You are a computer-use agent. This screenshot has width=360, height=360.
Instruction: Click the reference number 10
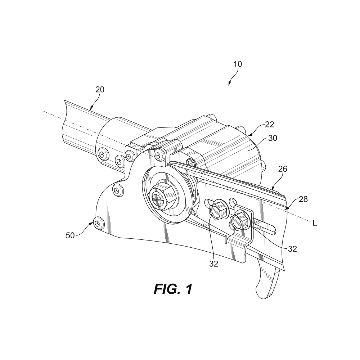(238, 64)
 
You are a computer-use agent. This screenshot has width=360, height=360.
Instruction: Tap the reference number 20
(100, 89)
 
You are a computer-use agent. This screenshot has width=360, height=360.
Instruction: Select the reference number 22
(270, 125)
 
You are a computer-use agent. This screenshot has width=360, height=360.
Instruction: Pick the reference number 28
(303, 199)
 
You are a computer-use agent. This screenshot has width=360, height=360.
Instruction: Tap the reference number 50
(70, 235)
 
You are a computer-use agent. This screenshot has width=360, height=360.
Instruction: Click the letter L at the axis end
(315, 224)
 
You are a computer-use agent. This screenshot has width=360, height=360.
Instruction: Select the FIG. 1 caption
(173, 289)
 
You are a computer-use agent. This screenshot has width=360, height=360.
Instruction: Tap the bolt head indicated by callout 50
(98, 223)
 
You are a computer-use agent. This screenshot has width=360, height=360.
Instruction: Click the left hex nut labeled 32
(217, 211)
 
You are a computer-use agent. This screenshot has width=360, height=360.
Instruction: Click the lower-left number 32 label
(214, 264)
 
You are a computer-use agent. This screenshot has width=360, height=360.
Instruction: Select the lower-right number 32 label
(292, 248)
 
